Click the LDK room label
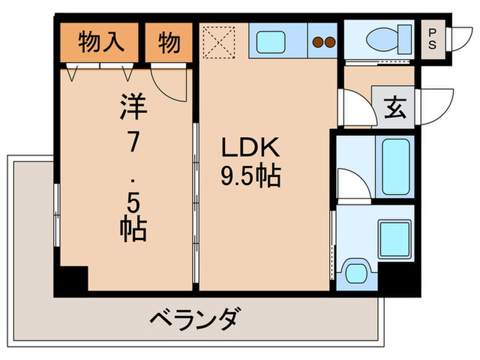click(x=250, y=149)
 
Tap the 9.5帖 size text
click(x=250, y=178)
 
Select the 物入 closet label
click(x=101, y=43)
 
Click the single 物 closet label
click(x=169, y=43)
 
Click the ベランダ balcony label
click(x=194, y=319)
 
